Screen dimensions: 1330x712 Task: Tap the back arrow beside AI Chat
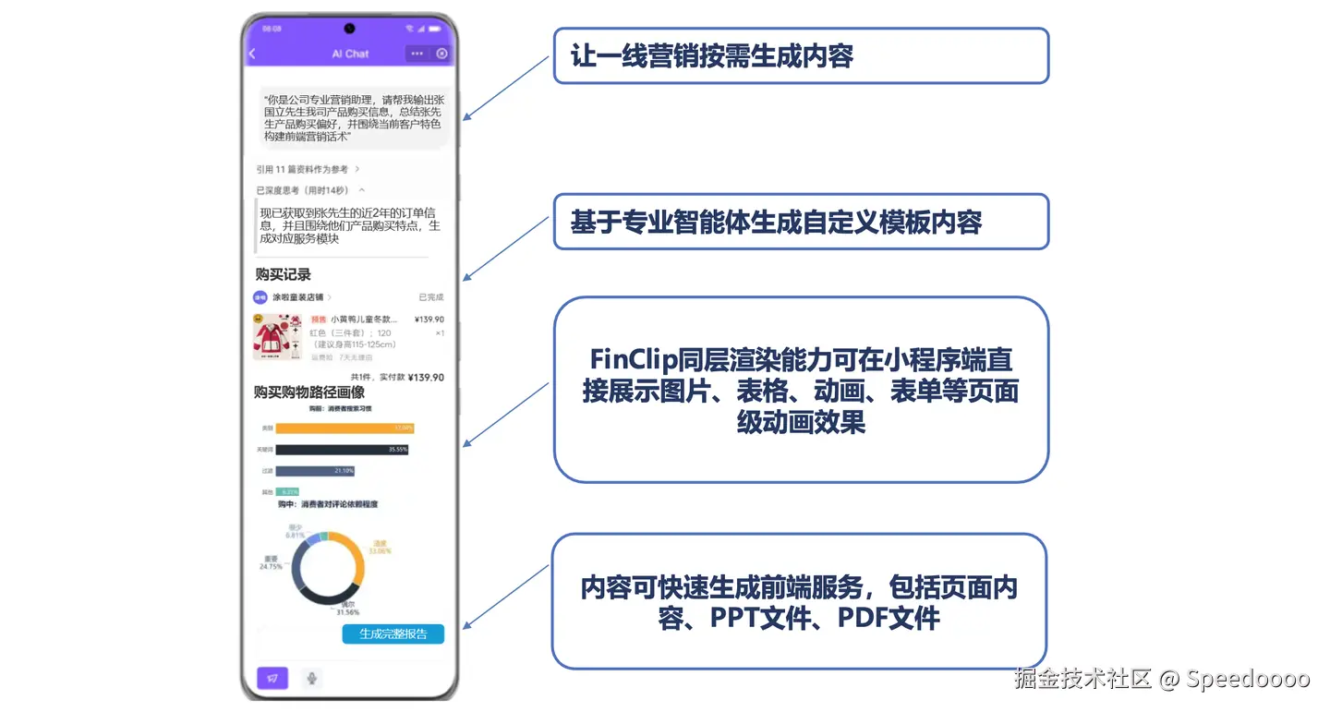pos(252,54)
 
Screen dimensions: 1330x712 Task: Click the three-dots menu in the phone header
pos(417,54)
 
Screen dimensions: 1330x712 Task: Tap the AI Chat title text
pos(350,54)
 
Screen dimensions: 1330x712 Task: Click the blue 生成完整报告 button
pos(393,634)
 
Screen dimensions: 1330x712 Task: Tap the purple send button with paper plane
pos(272,678)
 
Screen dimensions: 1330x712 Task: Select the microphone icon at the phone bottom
pos(312,678)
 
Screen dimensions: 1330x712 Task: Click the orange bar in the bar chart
pos(344,428)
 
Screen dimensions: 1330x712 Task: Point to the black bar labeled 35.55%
pos(341,450)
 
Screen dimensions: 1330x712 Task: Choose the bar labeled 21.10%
pos(314,471)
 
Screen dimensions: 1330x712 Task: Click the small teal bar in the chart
pos(286,491)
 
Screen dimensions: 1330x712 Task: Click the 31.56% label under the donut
pos(347,611)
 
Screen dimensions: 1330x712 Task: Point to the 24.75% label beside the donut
pos(272,566)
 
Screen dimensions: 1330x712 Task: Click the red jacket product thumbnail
pos(277,336)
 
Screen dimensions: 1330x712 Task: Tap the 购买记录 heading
pos(284,274)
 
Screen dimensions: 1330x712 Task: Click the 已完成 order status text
pos(430,297)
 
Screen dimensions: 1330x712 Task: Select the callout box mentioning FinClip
pos(800,390)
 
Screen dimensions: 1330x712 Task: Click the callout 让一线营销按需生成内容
pos(800,56)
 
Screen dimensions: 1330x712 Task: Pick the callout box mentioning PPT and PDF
pos(798,601)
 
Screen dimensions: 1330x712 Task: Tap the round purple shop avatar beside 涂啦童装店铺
pos(260,297)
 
